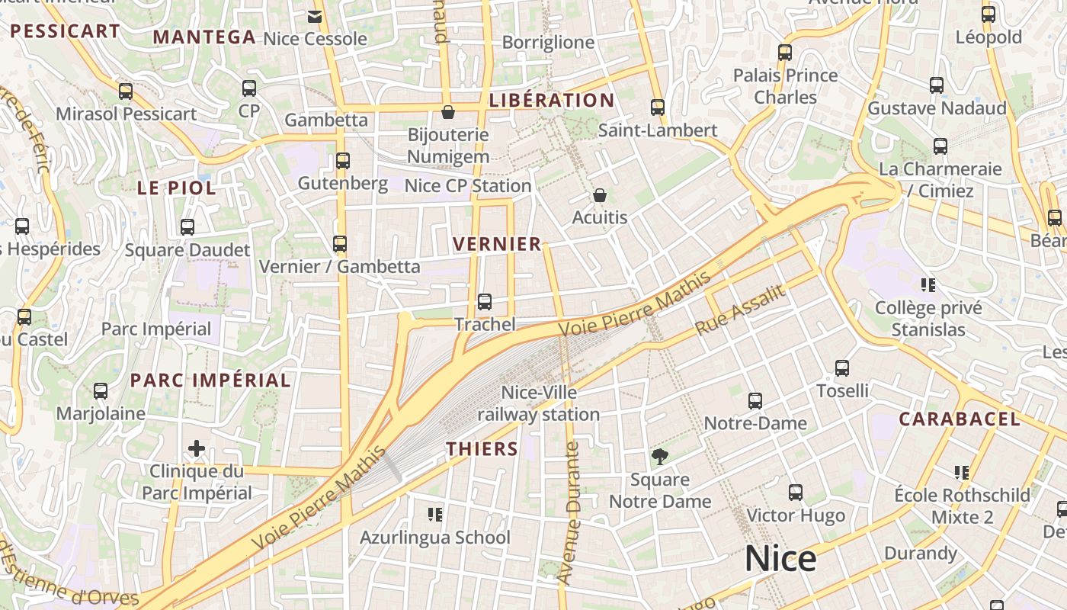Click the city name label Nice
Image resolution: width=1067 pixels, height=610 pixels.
780,559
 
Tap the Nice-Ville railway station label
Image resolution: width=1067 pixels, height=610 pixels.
539,404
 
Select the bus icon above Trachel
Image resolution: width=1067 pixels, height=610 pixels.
485,302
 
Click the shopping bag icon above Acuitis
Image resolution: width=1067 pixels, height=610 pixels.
600,196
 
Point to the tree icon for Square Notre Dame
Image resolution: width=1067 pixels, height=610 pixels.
660,457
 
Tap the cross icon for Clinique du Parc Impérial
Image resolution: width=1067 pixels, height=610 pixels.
197,448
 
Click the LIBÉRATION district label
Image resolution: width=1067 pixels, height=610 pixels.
552,101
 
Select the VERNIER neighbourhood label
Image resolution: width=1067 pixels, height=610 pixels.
497,244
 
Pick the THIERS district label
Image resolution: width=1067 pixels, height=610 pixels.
482,448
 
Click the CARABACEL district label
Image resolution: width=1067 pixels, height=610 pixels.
960,419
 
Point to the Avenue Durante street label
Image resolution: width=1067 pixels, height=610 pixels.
570,513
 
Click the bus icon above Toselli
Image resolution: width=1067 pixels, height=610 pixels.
842,368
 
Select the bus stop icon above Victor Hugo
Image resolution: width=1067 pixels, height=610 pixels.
796,493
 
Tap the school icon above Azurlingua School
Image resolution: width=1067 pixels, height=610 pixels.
435,515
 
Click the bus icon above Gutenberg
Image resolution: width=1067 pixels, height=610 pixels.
343,161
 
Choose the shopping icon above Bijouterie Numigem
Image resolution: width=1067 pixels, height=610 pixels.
448,113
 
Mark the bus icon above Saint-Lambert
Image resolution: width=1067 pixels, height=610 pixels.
658,108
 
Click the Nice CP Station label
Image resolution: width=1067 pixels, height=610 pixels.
468,186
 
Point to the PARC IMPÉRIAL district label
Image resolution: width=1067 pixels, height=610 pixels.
210,380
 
